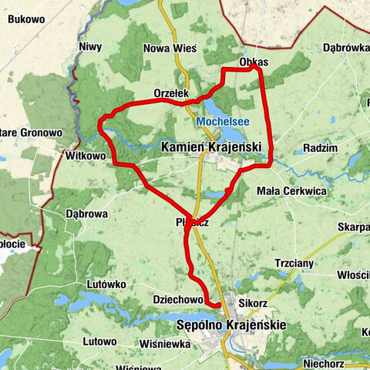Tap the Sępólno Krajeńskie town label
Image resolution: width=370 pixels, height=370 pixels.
coord(230,325)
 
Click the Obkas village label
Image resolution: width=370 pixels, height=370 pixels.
coord(254,61)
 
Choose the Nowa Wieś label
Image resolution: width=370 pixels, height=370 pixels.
coord(170,48)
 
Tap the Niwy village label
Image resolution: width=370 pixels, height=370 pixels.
coord(90,47)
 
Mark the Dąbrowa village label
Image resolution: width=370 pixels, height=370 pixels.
coord(86,214)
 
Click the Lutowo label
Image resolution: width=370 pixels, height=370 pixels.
coord(99,341)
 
